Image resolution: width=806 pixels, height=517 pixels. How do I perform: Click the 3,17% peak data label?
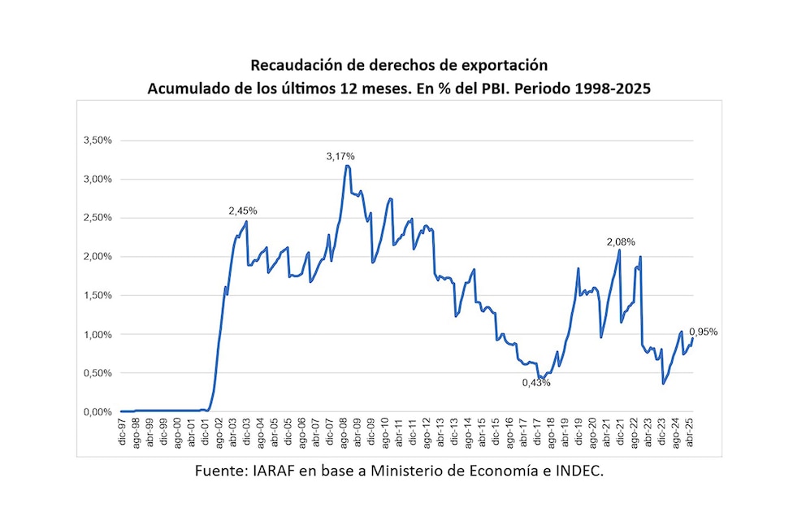coord(340,156)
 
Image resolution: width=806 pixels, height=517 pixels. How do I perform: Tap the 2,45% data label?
coord(242,211)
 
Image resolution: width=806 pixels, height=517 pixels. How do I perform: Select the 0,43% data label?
coord(536,383)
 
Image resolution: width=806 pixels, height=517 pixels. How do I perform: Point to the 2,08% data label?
coord(621,242)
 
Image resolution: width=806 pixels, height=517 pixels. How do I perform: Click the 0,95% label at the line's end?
coord(703,332)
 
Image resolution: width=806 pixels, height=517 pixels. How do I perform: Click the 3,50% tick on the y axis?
coord(97,141)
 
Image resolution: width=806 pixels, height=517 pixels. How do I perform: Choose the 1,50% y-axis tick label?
coord(97,296)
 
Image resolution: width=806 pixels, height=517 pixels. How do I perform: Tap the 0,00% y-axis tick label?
coord(97,412)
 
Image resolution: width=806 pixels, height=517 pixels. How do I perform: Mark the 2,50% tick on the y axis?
coord(97,218)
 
